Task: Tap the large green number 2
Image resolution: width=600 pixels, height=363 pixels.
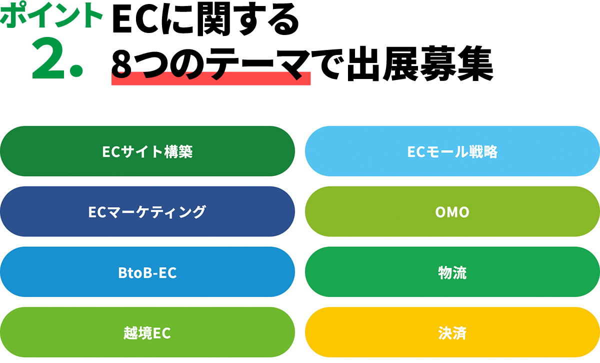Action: [48, 58]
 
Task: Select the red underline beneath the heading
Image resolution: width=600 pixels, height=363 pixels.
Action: [211, 78]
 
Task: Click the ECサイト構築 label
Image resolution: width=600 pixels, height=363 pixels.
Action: [147, 151]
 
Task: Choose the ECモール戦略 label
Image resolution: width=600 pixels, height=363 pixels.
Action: [452, 151]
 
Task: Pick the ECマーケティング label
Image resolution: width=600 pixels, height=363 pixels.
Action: [147, 212]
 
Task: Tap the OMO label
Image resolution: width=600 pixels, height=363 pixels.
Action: [452, 212]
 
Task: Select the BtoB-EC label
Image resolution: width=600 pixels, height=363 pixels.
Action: [147, 272]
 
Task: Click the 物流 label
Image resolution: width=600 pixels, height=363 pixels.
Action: [452, 272]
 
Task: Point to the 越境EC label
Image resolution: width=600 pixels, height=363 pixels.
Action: [147, 333]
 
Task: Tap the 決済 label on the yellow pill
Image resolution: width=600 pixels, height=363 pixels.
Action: [452, 333]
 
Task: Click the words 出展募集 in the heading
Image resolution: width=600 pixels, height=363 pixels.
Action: [420, 64]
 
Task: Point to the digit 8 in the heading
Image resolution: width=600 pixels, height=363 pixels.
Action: [121, 64]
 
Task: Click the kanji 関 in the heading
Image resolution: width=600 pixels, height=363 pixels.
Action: [213, 19]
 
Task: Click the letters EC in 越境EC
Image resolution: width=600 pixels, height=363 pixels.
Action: [162, 333]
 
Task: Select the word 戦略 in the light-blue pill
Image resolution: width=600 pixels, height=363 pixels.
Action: [483, 151]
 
